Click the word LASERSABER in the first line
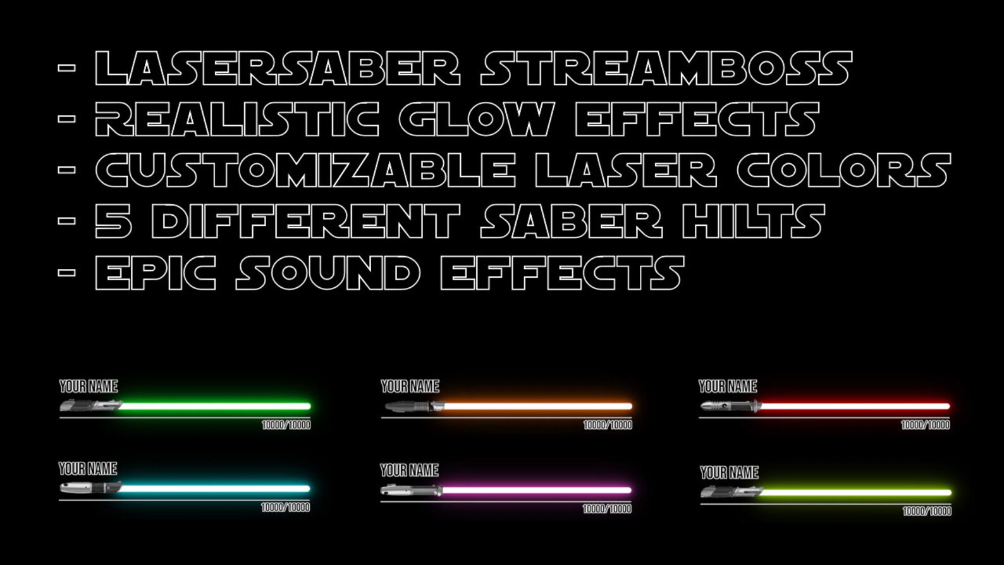[277, 68]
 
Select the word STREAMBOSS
[666, 68]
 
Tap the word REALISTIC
[237, 120]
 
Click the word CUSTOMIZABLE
[305, 170]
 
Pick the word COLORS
[843, 170]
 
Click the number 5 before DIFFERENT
[114, 221]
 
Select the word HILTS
[753, 221]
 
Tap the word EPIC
[156, 273]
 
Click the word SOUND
[328, 273]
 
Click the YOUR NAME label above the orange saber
[410, 387]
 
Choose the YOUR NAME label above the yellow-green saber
[729, 473]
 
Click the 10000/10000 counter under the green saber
[286, 425]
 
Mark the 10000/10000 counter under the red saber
[925, 425]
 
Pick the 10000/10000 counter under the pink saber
[606, 509]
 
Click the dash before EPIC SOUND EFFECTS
[67, 273]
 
